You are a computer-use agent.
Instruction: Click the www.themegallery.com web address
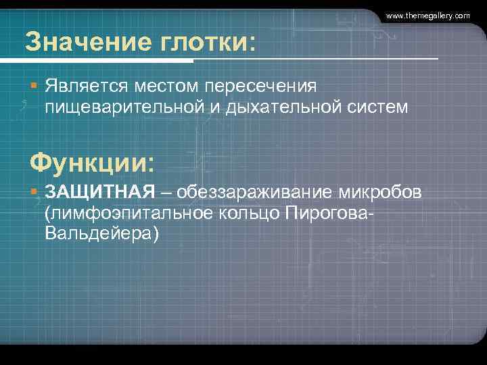click(427, 15)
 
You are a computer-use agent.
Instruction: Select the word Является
click(87, 87)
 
